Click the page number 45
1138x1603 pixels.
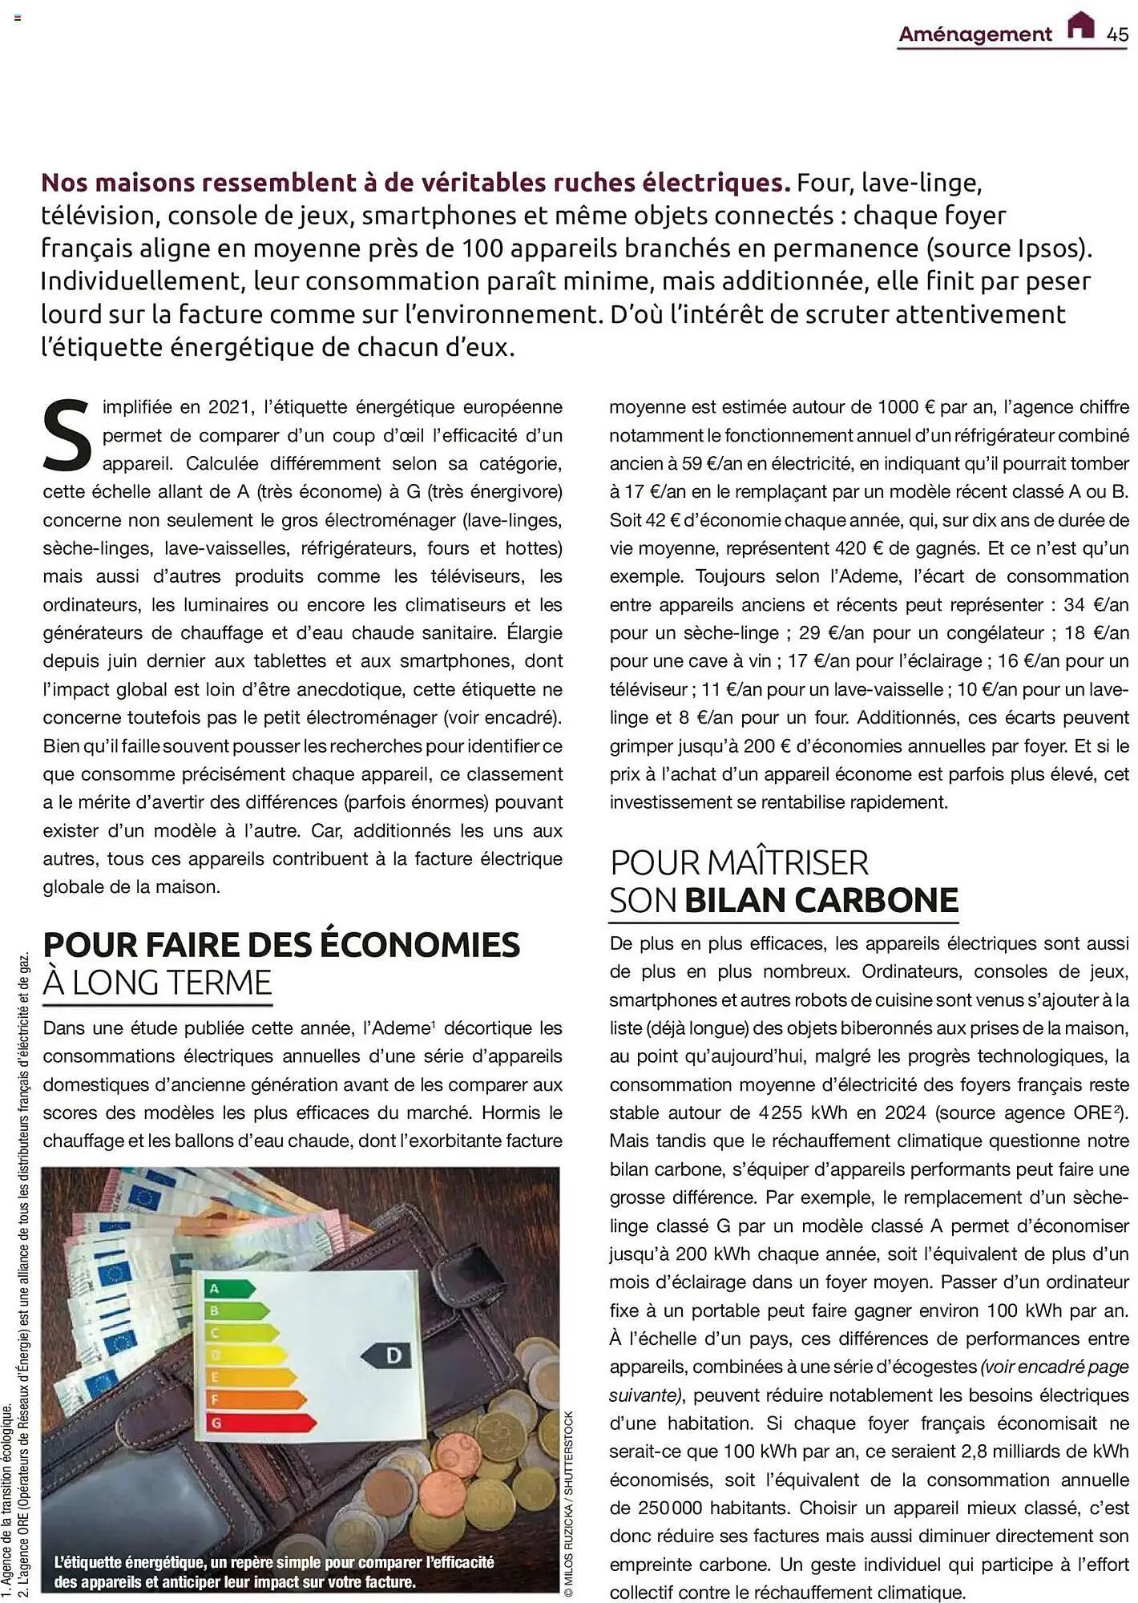click(1117, 34)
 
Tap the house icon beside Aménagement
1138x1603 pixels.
click(1081, 26)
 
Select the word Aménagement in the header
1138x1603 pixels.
click(975, 34)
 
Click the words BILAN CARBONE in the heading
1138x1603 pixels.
click(821, 900)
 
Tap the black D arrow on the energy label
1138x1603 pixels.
click(387, 1355)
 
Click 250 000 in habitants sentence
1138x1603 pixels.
click(670, 1508)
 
